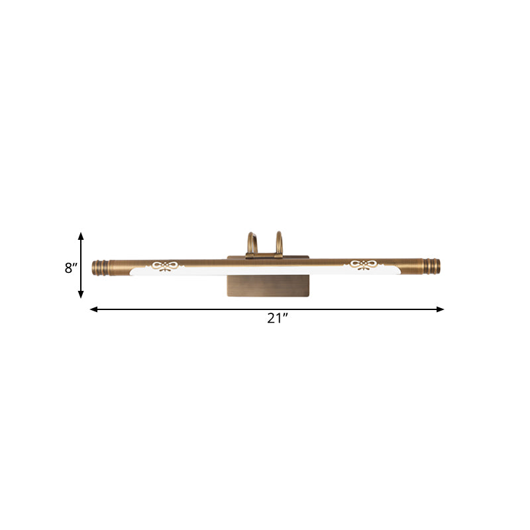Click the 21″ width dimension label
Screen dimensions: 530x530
tap(278, 318)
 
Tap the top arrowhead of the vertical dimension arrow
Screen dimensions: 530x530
tap(81, 235)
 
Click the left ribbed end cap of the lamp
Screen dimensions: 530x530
tap(99, 267)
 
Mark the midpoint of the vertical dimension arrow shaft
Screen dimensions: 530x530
tap(81, 265)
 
